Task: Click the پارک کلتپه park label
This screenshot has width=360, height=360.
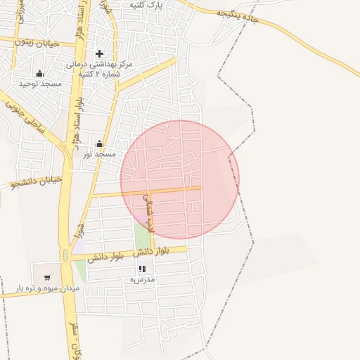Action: click(x=146, y=5)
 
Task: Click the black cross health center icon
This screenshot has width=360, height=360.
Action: click(x=99, y=53)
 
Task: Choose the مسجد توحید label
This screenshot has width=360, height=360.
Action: click(x=40, y=84)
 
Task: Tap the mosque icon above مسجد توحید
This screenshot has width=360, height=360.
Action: click(x=40, y=73)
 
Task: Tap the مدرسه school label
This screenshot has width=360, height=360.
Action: click(x=142, y=279)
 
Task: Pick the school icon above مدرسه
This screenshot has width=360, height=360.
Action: click(x=142, y=269)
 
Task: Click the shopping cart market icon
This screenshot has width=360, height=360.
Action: click(x=47, y=277)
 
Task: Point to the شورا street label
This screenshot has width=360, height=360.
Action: click(x=80, y=230)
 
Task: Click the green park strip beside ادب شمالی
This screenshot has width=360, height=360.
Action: click(x=141, y=236)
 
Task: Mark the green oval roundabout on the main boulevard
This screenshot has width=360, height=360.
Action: click(x=65, y=255)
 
